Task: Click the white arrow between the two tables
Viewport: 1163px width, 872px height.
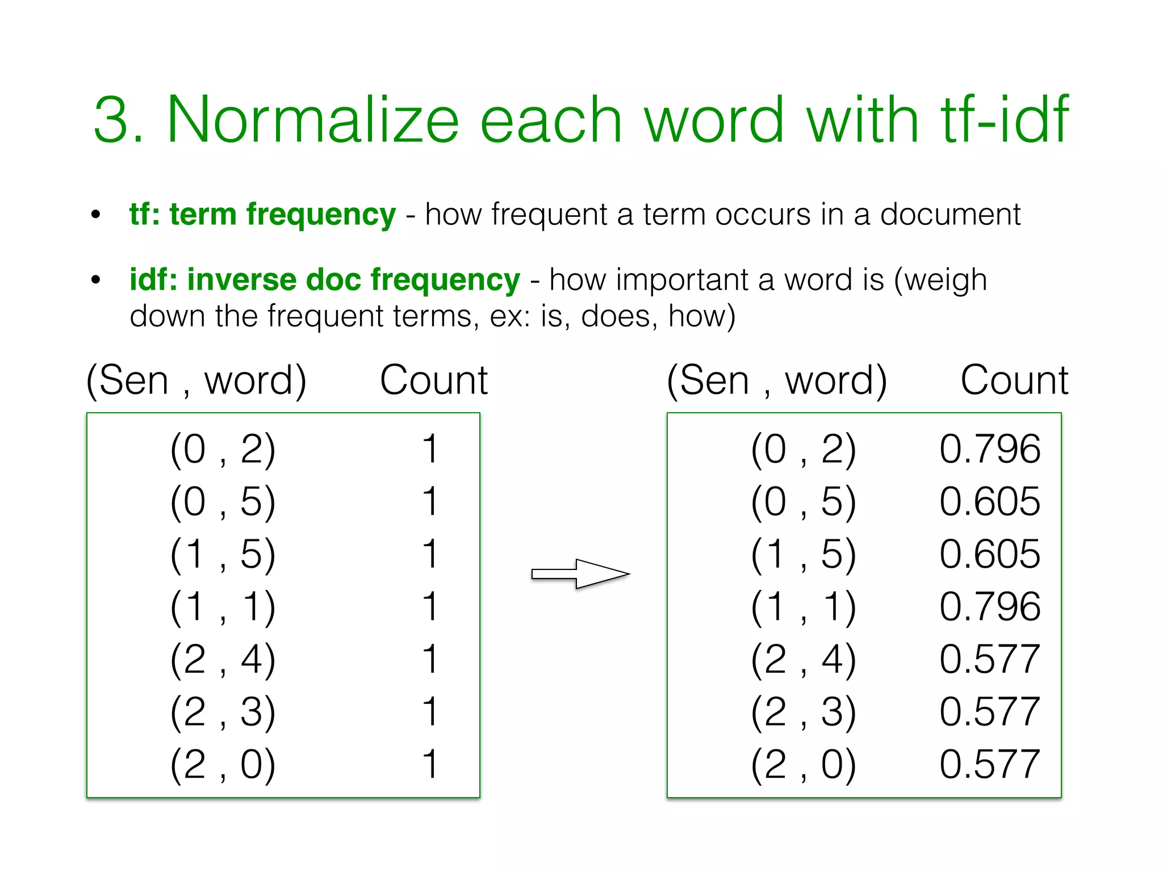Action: pyautogui.click(x=580, y=574)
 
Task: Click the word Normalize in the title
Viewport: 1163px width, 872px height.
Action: pyautogui.click(x=312, y=120)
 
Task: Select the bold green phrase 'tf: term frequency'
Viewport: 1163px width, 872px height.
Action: pyautogui.click(x=262, y=215)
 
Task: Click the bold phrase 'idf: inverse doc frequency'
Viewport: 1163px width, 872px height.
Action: pyautogui.click(x=324, y=280)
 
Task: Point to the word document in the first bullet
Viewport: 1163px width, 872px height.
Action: pyautogui.click(x=950, y=215)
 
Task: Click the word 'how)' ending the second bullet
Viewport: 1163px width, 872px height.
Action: pyautogui.click(x=701, y=316)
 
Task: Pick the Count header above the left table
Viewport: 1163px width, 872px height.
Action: pyautogui.click(x=433, y=380)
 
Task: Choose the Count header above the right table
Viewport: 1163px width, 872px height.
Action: pyautogui.click(x=1014, y=380)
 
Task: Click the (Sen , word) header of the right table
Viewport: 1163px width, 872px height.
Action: pyautogui.click(x=777, y=380)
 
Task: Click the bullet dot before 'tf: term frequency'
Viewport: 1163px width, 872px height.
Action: pyautogui.click(x=96, y=215)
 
